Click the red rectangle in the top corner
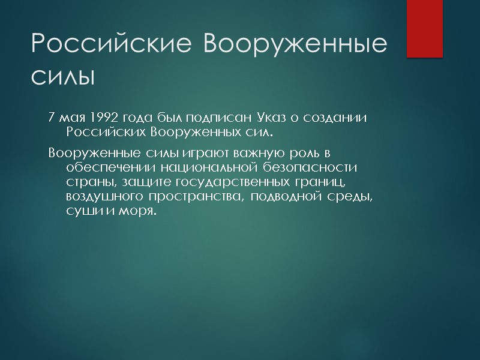(x=424, y=28)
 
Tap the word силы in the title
(x=63, y=77)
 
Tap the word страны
(x=86, y=181)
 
